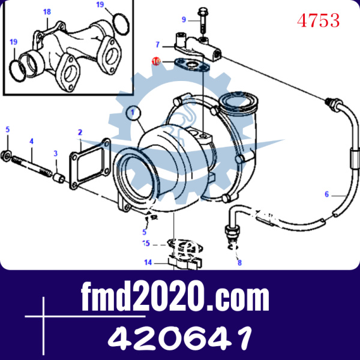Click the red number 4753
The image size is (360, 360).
318,20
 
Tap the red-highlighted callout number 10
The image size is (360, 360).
156,62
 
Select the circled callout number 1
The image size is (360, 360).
133,113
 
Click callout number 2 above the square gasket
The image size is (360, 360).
80,133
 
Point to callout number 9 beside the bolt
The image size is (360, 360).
184,20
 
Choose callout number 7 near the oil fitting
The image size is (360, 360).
157,44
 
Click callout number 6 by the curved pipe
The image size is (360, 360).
327,194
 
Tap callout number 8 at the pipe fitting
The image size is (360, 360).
239,263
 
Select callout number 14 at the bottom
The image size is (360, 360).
148,262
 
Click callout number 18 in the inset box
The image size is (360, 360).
47,12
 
